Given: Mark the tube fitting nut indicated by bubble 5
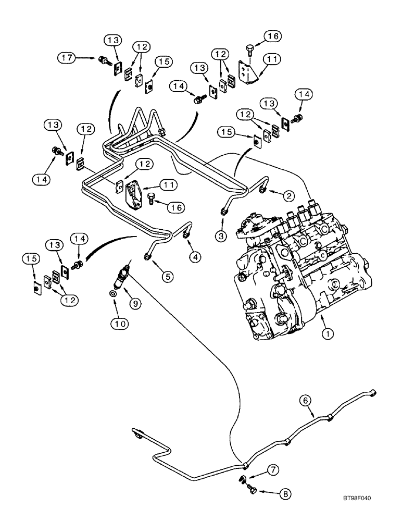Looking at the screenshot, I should tap(147, 256).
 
